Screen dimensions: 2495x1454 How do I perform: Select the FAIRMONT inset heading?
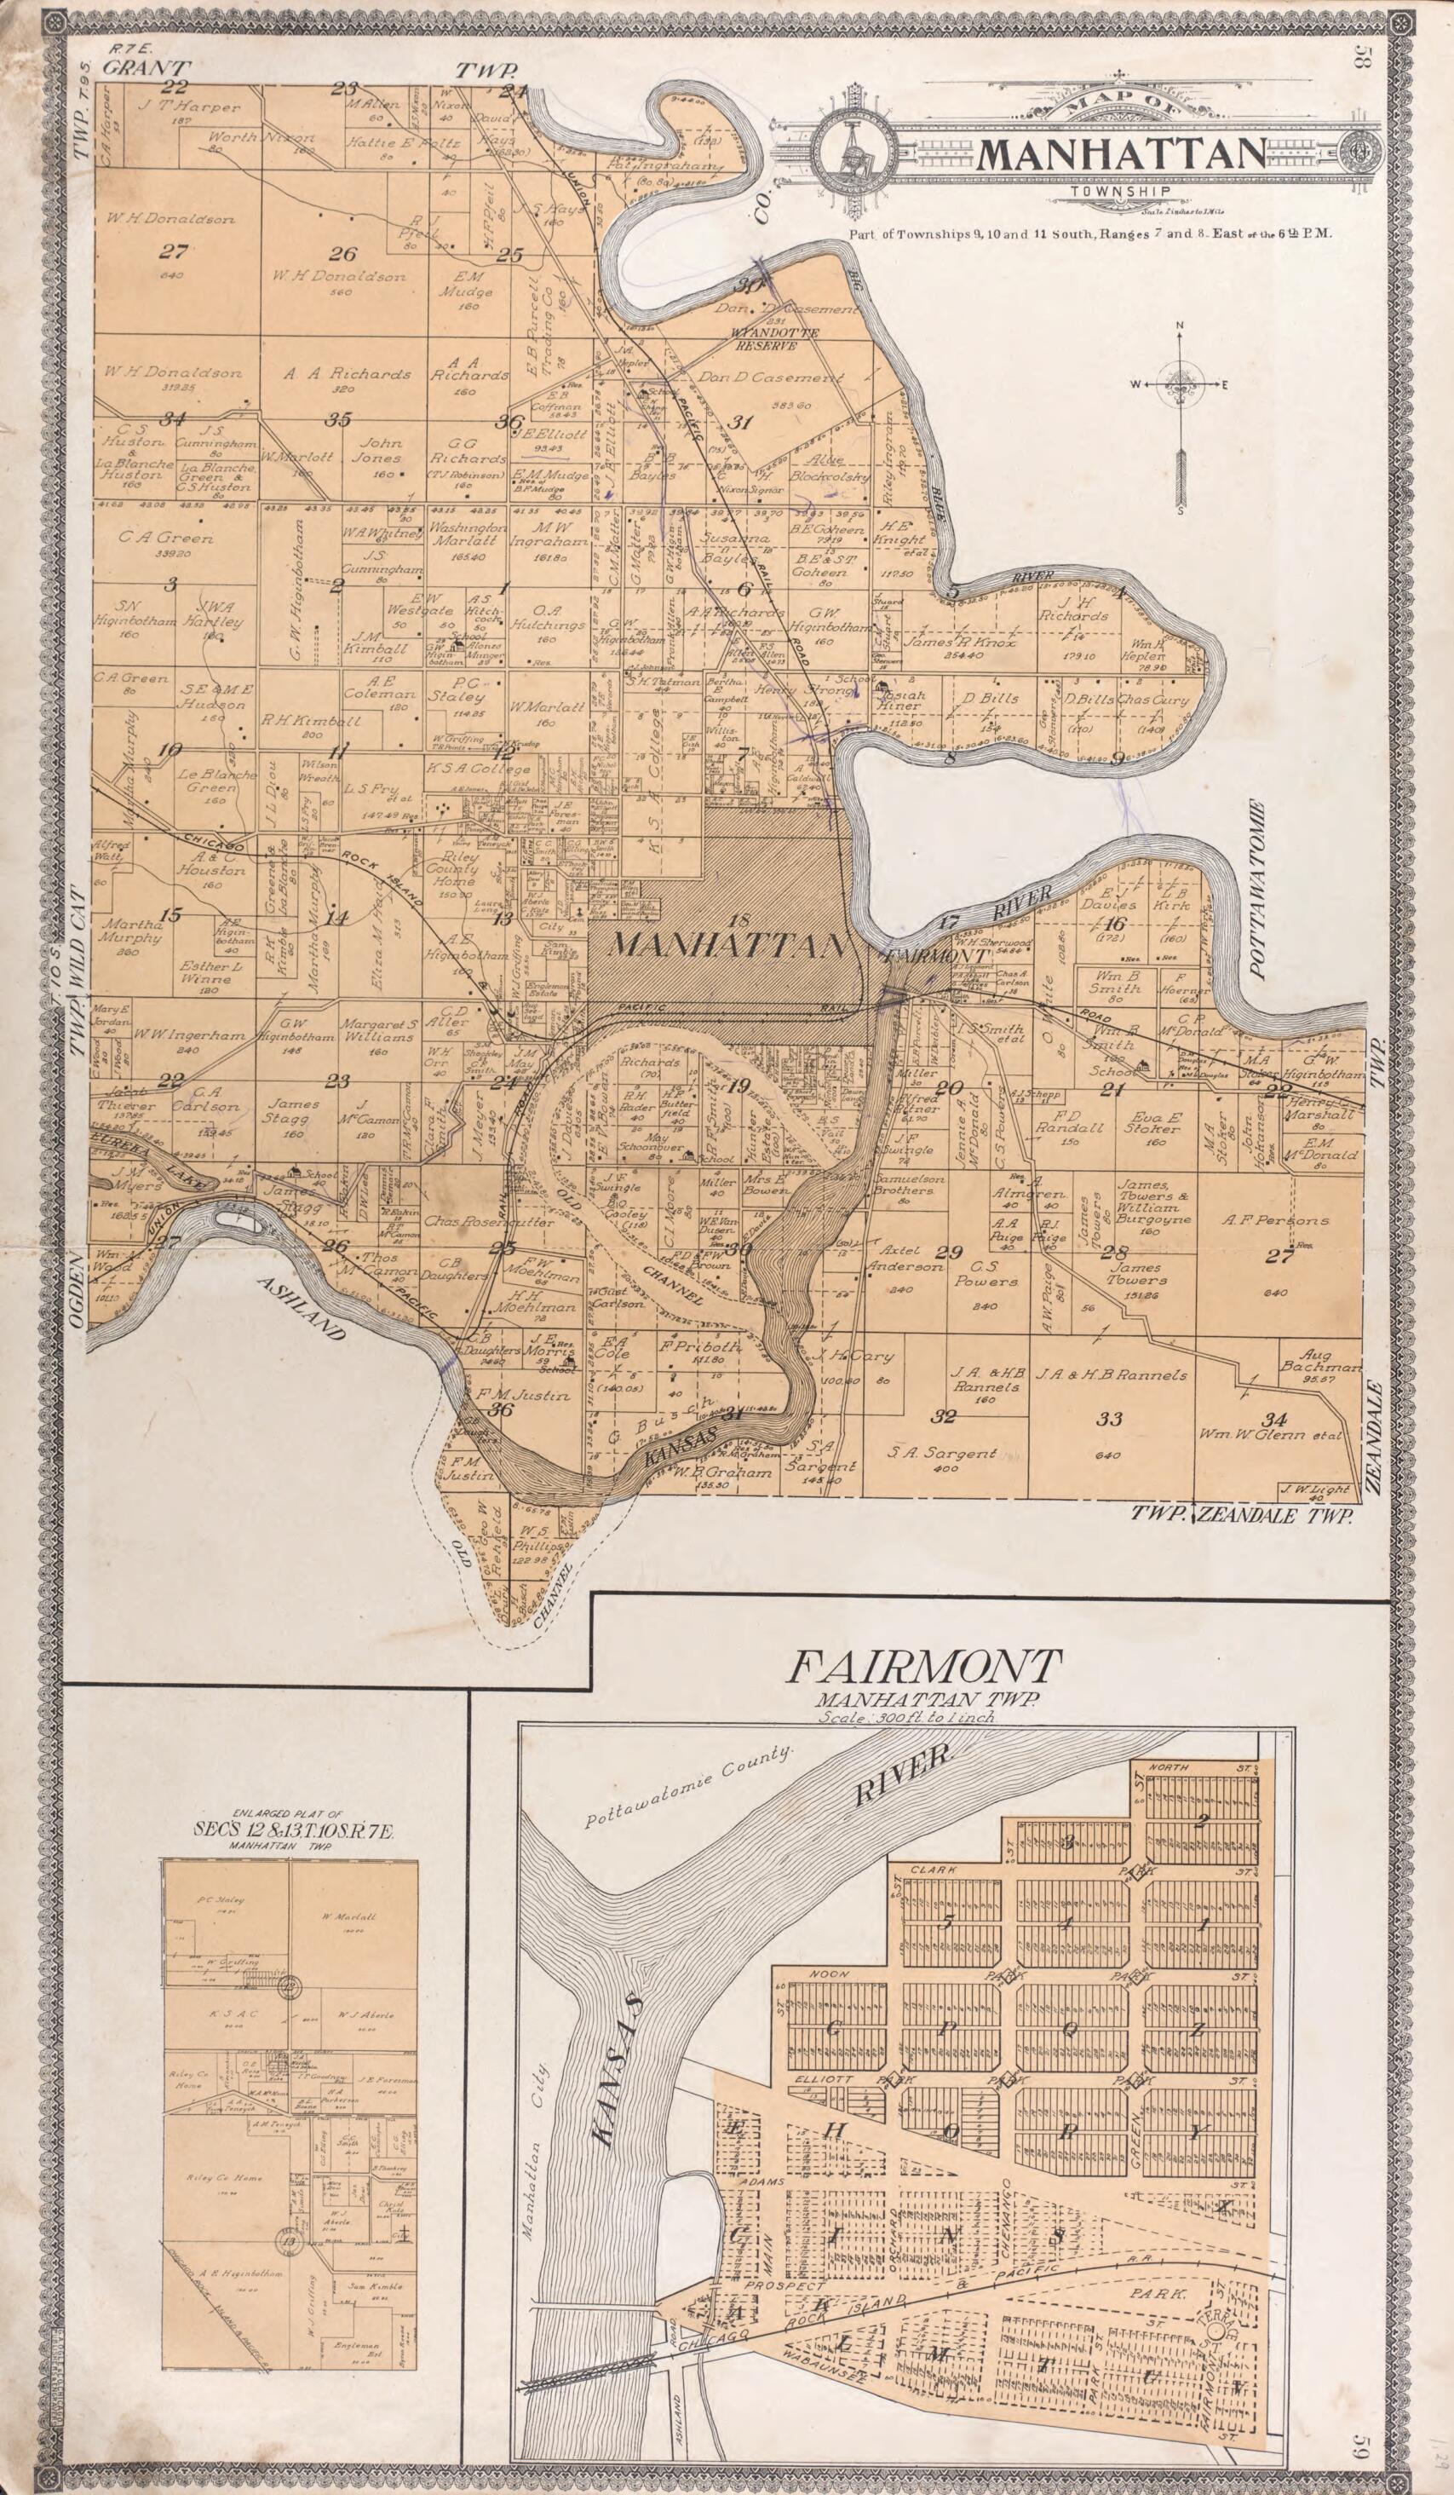(924, 1665)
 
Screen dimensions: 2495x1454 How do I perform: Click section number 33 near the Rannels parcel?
(1111, 1419)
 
